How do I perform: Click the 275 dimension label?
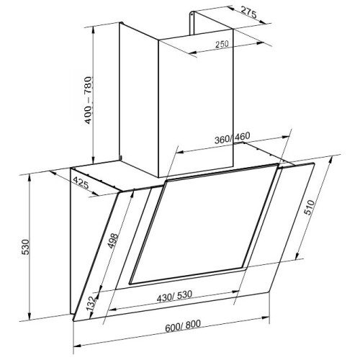point(248,13)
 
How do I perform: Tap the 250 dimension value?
point(222,45)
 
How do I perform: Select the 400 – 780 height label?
point(89,100)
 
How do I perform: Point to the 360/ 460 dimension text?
point(232,138)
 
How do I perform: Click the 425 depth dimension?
point(81,183)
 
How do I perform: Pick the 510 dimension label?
point(309,207)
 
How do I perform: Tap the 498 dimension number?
point(113,240)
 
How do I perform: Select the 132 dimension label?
point(92,304)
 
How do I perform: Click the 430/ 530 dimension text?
point(174,297)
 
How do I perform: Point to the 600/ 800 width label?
point(183,326)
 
